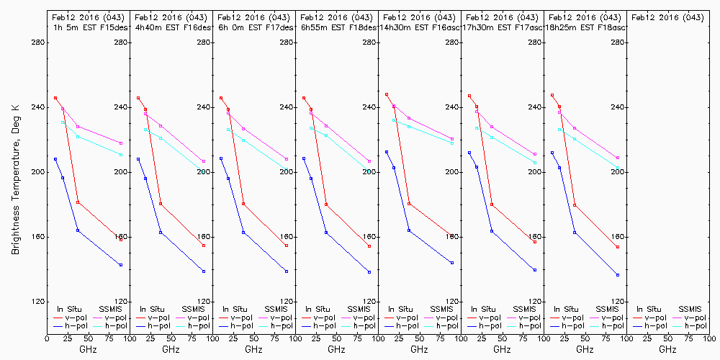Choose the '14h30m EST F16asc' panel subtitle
point(420,27)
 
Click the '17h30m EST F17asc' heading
point(503,27)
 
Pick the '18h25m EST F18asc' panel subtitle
point(585,27)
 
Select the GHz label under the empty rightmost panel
point(668,349)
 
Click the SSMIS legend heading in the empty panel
point(692,309)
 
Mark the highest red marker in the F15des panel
point(55,98)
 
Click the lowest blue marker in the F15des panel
point(121,265)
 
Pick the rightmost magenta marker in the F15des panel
point(121,143)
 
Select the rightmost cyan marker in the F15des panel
point(121,155)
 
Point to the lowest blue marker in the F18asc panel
point(618,275)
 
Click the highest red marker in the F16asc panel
point(387,94)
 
